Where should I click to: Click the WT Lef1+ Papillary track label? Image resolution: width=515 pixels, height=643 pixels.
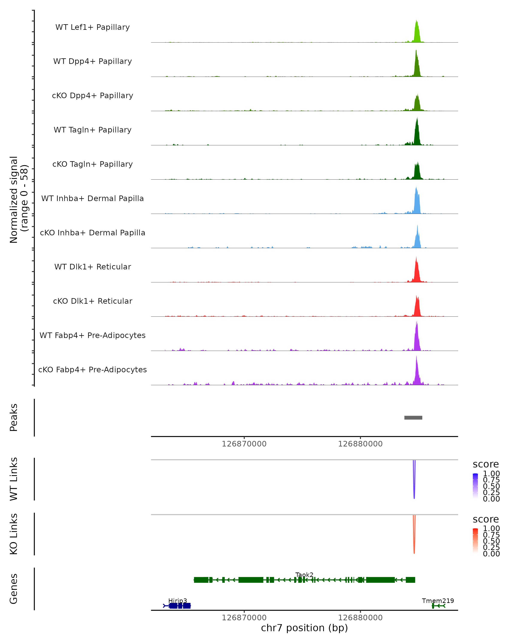(x=92, y=27)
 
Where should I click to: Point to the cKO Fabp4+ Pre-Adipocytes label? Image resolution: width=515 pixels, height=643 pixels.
(x=92, y=370)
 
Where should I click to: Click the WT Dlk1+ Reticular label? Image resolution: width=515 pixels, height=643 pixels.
(x=92, y=267)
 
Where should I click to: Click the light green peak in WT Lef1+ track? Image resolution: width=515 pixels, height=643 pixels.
(x=417, y=33)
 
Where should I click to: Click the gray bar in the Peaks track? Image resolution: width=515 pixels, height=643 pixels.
(x=413, y=418)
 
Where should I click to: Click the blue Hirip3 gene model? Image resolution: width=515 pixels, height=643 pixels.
(x=179, y=606)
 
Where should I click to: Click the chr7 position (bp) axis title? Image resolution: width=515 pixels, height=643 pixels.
(x=304, y=628)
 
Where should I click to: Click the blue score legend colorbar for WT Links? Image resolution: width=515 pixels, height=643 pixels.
(x=475, y=485)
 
